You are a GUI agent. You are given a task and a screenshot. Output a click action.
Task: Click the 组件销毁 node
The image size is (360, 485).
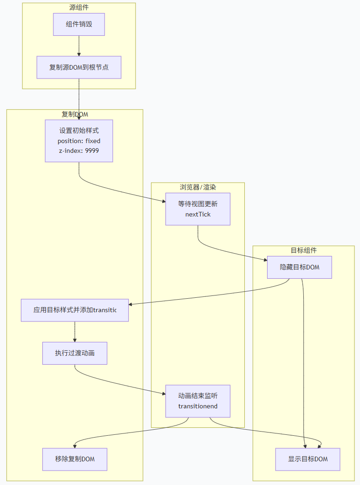click(79, 24)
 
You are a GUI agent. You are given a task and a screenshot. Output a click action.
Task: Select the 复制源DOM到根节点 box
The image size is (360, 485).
click(79, 67)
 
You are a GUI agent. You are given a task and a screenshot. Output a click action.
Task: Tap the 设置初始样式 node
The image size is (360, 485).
click(79, 131)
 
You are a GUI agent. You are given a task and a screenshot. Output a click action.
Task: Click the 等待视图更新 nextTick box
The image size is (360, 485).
click(198, 209)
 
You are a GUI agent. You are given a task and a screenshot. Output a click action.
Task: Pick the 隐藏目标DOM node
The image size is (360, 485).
click(299, 267)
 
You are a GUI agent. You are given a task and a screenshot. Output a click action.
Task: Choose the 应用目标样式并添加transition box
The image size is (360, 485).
click(75, 310)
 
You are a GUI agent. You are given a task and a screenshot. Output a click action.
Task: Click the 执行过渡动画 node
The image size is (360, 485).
click(75, 353)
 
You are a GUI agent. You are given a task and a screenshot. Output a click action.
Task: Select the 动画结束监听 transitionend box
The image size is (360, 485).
click(198, 401)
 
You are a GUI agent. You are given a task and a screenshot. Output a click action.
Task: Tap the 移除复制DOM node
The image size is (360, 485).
click(75, 459)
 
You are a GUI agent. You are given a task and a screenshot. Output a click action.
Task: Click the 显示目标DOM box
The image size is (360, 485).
click(308, 459)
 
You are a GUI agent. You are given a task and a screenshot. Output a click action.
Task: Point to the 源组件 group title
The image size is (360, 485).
click(79, 7)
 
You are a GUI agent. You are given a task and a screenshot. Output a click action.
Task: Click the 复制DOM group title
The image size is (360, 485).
click(75, 114)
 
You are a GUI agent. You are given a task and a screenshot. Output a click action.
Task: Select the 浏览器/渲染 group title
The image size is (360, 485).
click(198, 187)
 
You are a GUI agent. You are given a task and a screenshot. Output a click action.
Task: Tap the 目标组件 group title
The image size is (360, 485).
click(304, 250)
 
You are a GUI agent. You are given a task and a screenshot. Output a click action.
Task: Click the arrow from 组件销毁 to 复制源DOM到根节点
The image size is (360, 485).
click(79, 46)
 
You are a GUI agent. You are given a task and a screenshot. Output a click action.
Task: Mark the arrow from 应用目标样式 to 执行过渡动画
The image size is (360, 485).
click(75, 332)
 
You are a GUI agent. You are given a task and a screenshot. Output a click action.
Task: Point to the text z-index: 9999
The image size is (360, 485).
click(79, 151)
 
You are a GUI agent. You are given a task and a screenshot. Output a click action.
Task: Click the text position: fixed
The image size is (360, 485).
click(79, 141)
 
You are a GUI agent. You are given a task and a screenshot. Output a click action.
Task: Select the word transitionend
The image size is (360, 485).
click(198, 406)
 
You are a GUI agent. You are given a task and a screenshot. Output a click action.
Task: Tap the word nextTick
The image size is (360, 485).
click(198, 214)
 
